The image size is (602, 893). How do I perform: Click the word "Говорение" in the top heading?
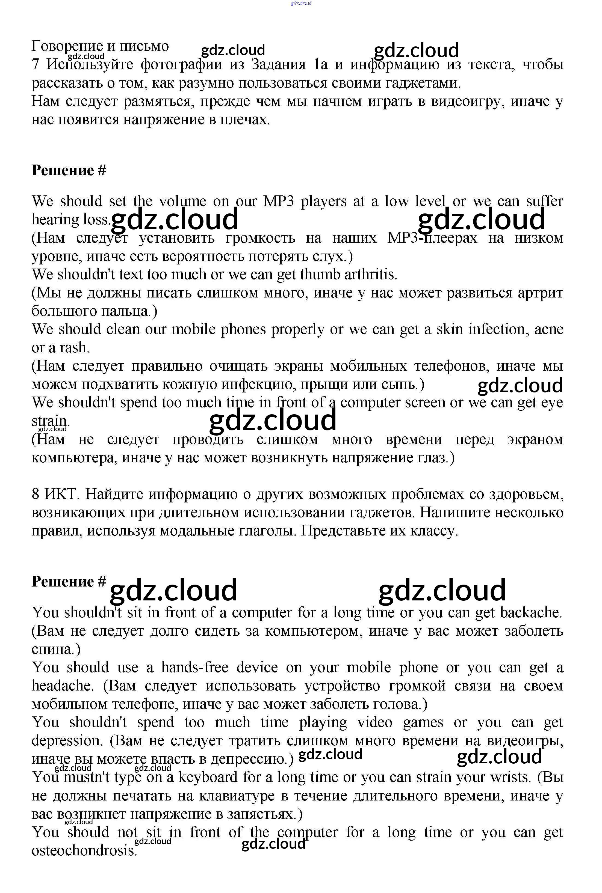point(67,46)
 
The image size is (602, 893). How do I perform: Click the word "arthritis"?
point(370,275)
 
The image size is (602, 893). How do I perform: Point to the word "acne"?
point(549,329)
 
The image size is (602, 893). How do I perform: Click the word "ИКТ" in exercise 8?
point(61,495)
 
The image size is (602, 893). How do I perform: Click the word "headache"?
point(63,686)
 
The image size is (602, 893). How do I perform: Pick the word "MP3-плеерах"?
point(432,238)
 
